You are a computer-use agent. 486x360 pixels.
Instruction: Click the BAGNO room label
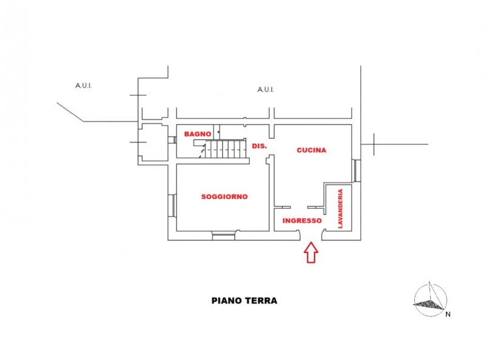(x=197, y=134)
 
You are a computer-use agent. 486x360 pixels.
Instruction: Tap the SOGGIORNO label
(x=224, y=197)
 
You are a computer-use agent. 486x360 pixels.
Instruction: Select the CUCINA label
(x=312, y=151)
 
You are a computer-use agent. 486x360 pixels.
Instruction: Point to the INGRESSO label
(x=302, y=220)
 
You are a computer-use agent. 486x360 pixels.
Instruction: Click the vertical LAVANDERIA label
(x=340, y=208)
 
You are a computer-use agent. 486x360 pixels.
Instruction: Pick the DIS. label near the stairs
(x=259, y=146)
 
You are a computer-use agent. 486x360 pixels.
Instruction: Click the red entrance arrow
(x=311, y=253)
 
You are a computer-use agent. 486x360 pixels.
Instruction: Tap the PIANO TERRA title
(x=244, y=301)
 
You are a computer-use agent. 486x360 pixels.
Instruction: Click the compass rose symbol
(x=431, y=299)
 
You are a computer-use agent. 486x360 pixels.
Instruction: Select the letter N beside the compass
(x=448, y=314)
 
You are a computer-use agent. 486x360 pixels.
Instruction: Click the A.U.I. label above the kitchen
(x=265, y=90)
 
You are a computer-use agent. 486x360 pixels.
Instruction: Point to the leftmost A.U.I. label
(x=83, y=86)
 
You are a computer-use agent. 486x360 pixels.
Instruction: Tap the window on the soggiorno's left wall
(x=173, y=205)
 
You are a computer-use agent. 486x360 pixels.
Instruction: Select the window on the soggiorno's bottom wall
(x=224, y=236)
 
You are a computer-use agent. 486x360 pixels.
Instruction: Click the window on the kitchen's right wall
(x=357, y=171)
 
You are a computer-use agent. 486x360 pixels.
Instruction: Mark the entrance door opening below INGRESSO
(x=311, y=236)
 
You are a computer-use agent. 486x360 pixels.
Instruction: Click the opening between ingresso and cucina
(x=299, y=207)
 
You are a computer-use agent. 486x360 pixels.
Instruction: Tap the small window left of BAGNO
(x=173, y=140)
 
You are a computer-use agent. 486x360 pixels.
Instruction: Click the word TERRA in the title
(x=261, y=301)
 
